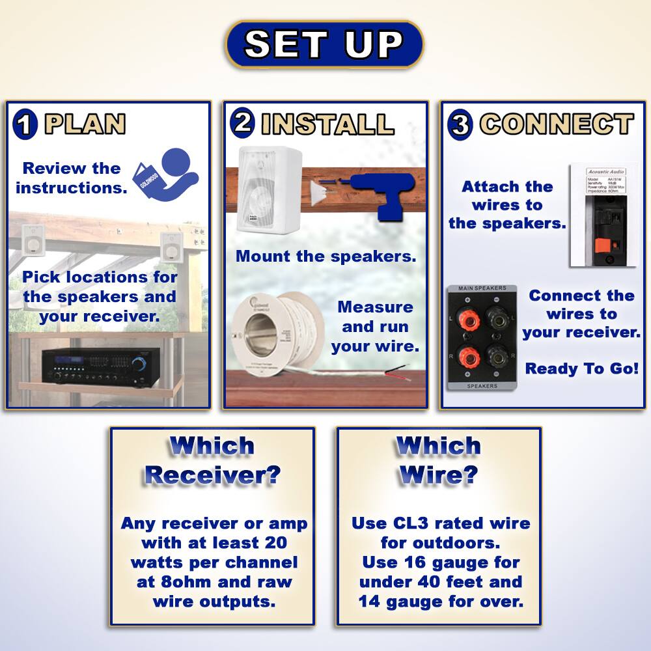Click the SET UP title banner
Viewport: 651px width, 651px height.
pyautogui.click(x=324, y=44)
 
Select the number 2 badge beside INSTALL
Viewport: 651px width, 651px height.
pyautogui.click(x=243, y=123)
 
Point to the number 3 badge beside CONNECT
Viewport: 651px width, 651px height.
pyautogui.click(x=460, y=125)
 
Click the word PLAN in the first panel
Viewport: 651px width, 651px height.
pyautogui.click(x=85, y=124)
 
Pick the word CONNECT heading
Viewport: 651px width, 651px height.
pyautogui.click(x=557, y=124)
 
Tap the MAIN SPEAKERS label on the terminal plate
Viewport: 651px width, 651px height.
pyautogui.click(x=482, y=288)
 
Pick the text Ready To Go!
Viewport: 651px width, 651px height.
pyautogui.click(x=581, y=368)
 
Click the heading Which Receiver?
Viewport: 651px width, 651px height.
pyautogui.click(x=212, y=460)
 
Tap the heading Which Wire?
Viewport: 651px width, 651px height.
pyautogui.click(x=438, y=460)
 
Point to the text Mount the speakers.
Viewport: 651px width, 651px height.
pyautogui.click(x=325, y=256)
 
